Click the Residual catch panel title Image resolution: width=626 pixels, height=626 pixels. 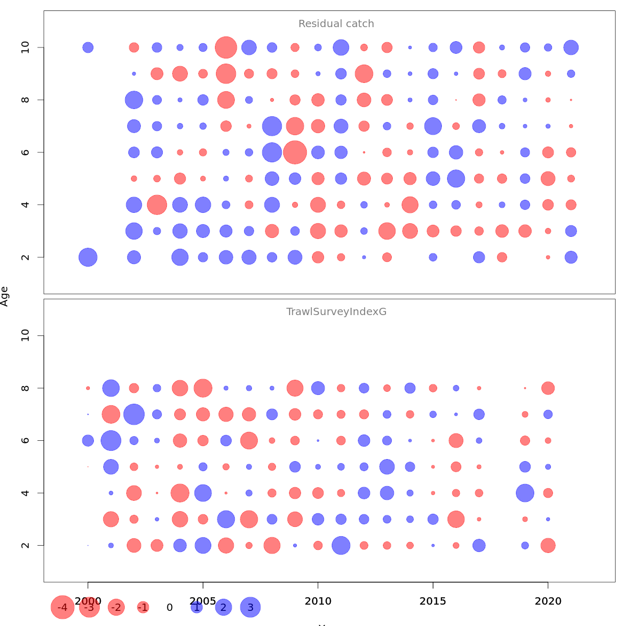click(x=336, y=24)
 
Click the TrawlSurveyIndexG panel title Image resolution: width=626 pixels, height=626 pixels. click(x=336, y=312)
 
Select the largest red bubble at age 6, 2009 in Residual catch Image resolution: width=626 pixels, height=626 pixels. click(x=295, y=152)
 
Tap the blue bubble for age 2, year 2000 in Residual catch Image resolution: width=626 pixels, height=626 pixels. click(x=88, y=257)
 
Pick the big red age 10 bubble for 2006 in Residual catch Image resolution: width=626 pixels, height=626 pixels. click(x=226, y=47)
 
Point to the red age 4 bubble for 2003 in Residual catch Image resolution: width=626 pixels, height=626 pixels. click(x=157, y=204)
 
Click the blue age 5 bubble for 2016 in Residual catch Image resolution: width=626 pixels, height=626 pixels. click(x=456, y=178)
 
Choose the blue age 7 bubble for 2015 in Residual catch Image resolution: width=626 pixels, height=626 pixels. click(x=433, y=126)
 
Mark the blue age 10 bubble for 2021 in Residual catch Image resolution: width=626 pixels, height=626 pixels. click(x=571, y=47)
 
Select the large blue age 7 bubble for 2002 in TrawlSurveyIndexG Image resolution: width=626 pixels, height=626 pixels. click(x=134, y=414)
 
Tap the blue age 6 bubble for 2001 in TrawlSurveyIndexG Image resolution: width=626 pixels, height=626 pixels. click(x=111, y=440)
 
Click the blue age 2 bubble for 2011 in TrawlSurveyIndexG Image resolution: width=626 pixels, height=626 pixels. click(x=341, y=546)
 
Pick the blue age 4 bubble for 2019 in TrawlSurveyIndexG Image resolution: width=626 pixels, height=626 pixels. click(x=525, y=493)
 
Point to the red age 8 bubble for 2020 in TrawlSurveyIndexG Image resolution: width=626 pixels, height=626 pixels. click(x=548, y=388)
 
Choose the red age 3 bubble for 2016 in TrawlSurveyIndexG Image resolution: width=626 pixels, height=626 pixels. click(x=456, y=519)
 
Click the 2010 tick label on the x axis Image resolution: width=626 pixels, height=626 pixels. click(x=318, y=601)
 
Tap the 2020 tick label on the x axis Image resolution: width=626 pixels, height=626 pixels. click(x=548, y=601)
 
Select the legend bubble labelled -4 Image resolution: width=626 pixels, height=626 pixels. click(x=63, y=607)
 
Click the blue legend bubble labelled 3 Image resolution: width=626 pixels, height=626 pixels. click(x=250, y=607)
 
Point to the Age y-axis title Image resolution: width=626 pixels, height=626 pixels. click(x=5, y=296)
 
